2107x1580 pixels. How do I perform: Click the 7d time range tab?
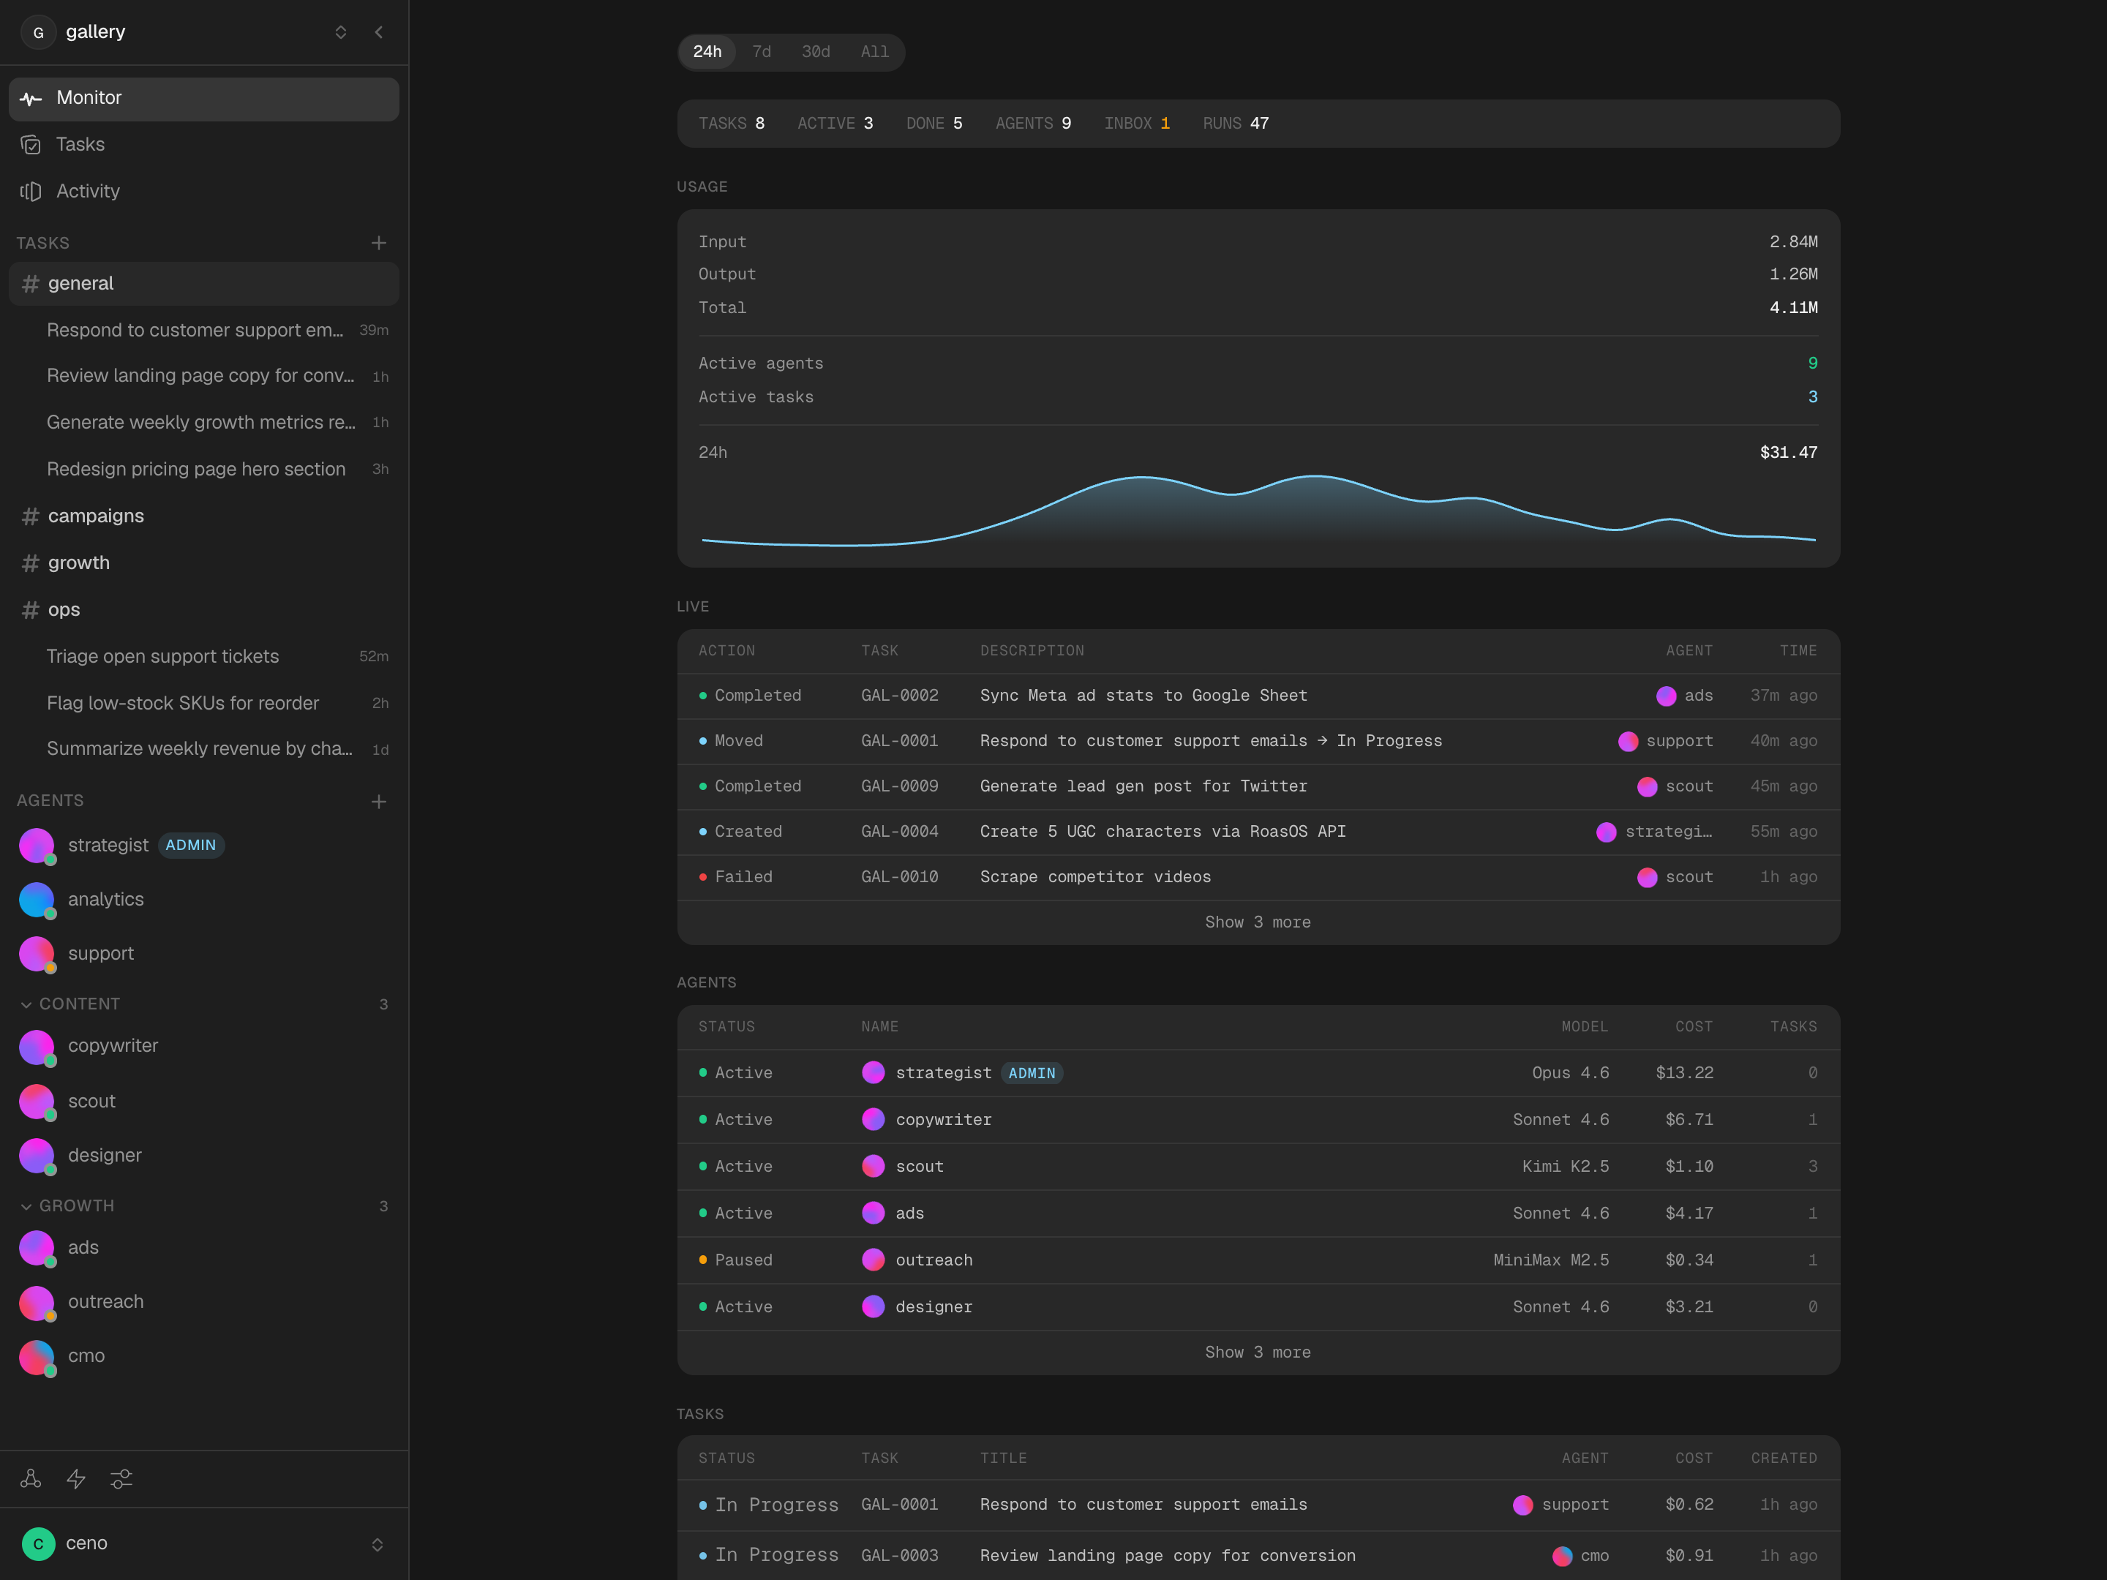pos(761,51)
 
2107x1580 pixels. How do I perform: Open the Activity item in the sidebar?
pos(88,192)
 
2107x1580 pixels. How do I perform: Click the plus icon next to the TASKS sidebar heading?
pos(378,243)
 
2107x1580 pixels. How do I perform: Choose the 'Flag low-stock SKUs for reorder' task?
pos(183,703)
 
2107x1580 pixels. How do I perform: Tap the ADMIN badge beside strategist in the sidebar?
pos(190,845)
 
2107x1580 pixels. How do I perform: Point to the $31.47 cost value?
pos(1788,452)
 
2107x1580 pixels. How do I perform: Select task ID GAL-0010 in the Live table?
pos(899,877)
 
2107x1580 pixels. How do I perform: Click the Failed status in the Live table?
pos(743,877)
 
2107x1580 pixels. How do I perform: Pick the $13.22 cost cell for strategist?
pos(1683,1072)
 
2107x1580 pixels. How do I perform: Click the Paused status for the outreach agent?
pos(743,1260)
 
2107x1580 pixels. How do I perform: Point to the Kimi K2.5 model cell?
pos(1565,1167)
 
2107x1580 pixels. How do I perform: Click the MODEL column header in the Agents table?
pos(1584,1027)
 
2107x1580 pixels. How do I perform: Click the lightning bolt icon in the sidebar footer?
pos(76,1479)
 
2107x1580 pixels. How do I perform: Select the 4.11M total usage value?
pos(1792,308)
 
